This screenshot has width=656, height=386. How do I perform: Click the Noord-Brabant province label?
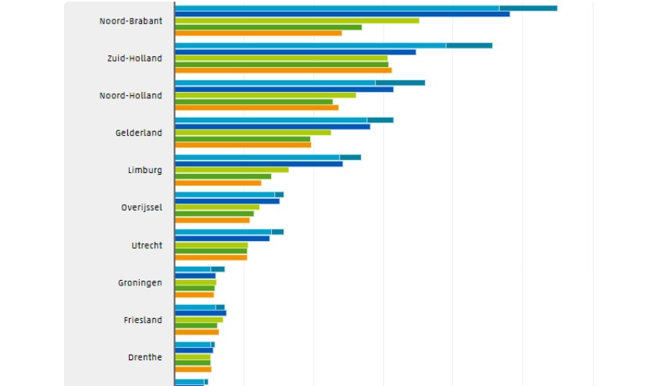click(x=130, y=21)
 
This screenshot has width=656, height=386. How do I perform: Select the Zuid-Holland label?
click(x=134, y=58)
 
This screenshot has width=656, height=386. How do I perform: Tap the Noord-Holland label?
click(x=130, y=95)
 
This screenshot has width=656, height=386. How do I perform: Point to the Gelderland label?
click(x=138, y=133)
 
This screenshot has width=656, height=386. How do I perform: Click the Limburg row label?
click(x=144, y=170)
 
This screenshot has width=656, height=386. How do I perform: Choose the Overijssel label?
click(x=141, y=207)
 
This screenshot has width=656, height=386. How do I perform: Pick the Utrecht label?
click(x=147, y=245)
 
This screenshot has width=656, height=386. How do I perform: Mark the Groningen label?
click(x=140, y=283)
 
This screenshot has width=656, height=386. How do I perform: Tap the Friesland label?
click(x=143, y=320)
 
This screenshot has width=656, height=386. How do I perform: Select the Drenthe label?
click(x=144, y=357)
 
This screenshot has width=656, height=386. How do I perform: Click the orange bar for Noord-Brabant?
click(x=258, y=34)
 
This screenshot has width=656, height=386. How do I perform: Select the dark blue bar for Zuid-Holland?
click(x=295, y=52)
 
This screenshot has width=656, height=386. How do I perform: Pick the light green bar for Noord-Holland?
click(x=266, y=95)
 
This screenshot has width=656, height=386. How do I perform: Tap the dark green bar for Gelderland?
click(x=243, y=139)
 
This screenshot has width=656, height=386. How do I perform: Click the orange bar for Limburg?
click(x=218, y=183)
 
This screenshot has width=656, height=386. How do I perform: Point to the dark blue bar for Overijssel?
click(x=227, y=201)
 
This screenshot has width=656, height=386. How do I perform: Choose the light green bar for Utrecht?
click(x=212, y=245)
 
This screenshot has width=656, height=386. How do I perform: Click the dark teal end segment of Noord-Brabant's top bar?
click(x=529, y=9)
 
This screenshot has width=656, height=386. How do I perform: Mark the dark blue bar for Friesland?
click(x=201, y=313)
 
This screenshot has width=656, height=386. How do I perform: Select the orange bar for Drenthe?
click(x=194, y=370)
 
